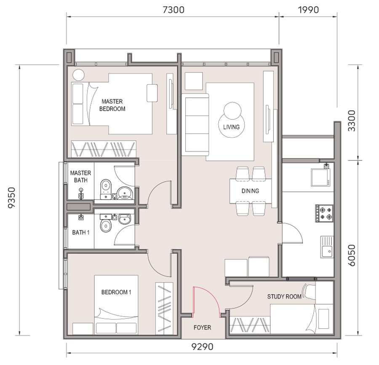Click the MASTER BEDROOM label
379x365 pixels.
pyautogui.click(x=112, y=105)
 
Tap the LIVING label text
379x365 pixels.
pyautogui.click(x=231, y=127)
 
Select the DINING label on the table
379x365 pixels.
pyautogui.click(x=250, y=191)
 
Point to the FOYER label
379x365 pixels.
pyautogui.click(x=202, y=328)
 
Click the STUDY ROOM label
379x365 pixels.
pyautogui.click(x=284, y=296)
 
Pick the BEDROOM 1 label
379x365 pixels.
pyautogui.click(x=116, y=292)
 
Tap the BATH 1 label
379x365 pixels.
pyautogui.click(x=81, y=232)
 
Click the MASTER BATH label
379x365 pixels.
pyautogui.click(x=81, y=176)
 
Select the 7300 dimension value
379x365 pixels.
pyautogui.click(x=173, y=10)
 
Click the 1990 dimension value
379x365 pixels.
pyautogui.click(x=308, y=10)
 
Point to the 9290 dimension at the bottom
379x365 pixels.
pyautogui.click(x=202, y=347)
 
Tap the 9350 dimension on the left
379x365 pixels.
pyautogui.click(x=12, y=197)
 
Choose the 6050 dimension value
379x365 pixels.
pyautogui.click(x=352, y=255)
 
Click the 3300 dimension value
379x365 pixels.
pyautogui.click(x=352, y=121)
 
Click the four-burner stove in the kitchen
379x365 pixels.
pyautogui.click(x=324, y=213)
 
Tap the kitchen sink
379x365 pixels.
pyautogui.click(x=327, y=247)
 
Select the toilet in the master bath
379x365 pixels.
pyautogui.click(x=106, y=189)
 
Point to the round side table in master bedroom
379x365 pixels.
pyautogui.click(x=78, y=75)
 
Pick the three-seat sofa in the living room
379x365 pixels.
pyautogui.click(x=195, y=125)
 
